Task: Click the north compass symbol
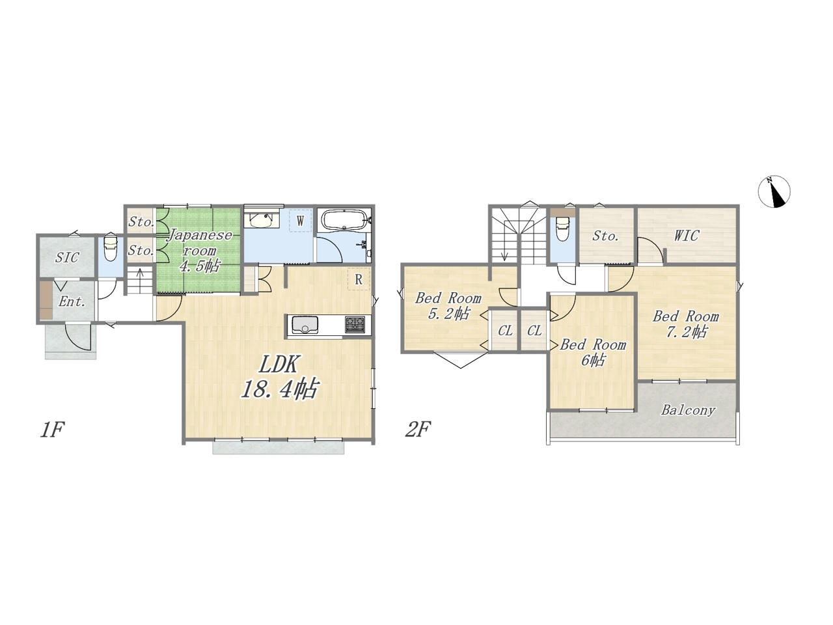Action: (774, 191)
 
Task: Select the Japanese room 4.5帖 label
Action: (200, 251)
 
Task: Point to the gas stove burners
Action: (355, 325)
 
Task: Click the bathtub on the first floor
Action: (344, 221)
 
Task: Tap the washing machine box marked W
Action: (300, 221)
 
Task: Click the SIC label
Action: (67, 258)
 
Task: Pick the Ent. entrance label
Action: (72, 301)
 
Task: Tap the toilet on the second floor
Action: (563, 228)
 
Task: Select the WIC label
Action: (687, 236)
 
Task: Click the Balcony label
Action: (689, 410)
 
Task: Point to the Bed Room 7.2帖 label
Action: (686, 324)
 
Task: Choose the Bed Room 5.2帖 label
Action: (448, 306)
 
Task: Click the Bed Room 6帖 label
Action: (593, 352)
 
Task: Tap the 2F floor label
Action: (418, 430)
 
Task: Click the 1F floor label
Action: (52, 430)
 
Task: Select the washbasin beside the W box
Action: (262, 219)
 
